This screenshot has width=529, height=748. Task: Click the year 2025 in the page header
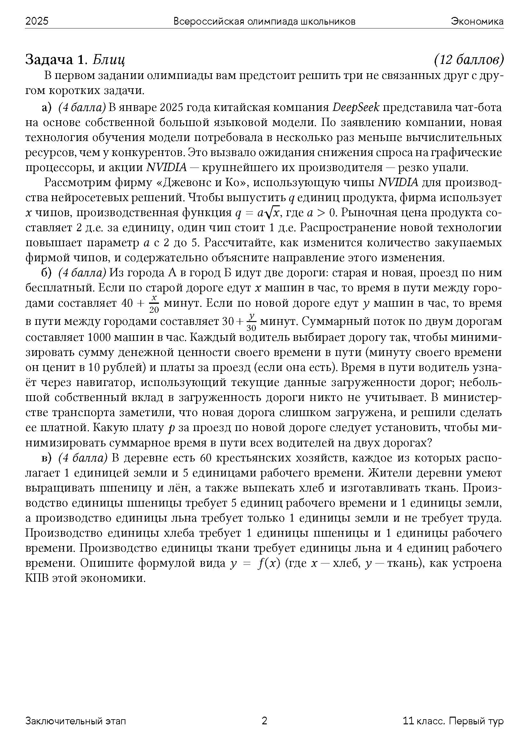pos(37,21)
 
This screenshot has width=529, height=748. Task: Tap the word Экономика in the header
pos(477,21)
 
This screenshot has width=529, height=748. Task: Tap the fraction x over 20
pos(154,303)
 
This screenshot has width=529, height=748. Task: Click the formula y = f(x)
pos(255,563)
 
